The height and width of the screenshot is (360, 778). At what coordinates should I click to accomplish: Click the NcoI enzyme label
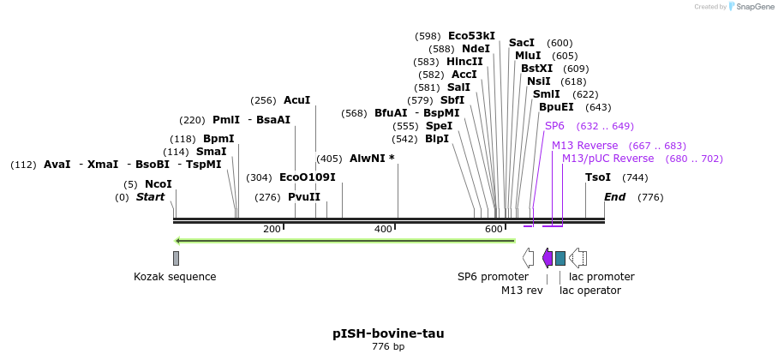[158, 184]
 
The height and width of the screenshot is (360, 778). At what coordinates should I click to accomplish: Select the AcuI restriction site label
[296, 100]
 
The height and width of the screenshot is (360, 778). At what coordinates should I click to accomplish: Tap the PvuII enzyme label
[303, 197]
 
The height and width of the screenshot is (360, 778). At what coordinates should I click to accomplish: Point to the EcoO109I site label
[308, 177]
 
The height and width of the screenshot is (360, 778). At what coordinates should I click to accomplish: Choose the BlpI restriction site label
[436, 139]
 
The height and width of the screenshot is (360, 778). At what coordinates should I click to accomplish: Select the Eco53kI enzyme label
[471, 36]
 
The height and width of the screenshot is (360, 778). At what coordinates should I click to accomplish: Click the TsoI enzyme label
[598, 177]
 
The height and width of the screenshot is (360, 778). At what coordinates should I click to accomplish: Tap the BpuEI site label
[556, 107]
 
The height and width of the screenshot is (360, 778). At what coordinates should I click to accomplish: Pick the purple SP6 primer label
[554, 126]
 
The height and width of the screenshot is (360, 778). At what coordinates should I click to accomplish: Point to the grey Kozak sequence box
[176, 258]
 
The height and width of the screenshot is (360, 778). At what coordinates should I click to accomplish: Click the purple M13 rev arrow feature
[548, 257]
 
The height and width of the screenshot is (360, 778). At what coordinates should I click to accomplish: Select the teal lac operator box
[560, 258]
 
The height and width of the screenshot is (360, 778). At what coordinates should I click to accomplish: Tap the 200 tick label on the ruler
[272, 229]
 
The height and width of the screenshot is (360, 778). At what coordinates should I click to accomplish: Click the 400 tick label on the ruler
[383, 229]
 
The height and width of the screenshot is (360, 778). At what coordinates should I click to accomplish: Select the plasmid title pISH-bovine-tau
[388, 333]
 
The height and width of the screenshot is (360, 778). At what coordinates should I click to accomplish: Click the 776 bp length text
[388, 347]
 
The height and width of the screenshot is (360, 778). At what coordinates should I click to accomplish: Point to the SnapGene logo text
[751, 7]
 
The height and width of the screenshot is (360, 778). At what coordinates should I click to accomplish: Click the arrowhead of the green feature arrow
[177, 241]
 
